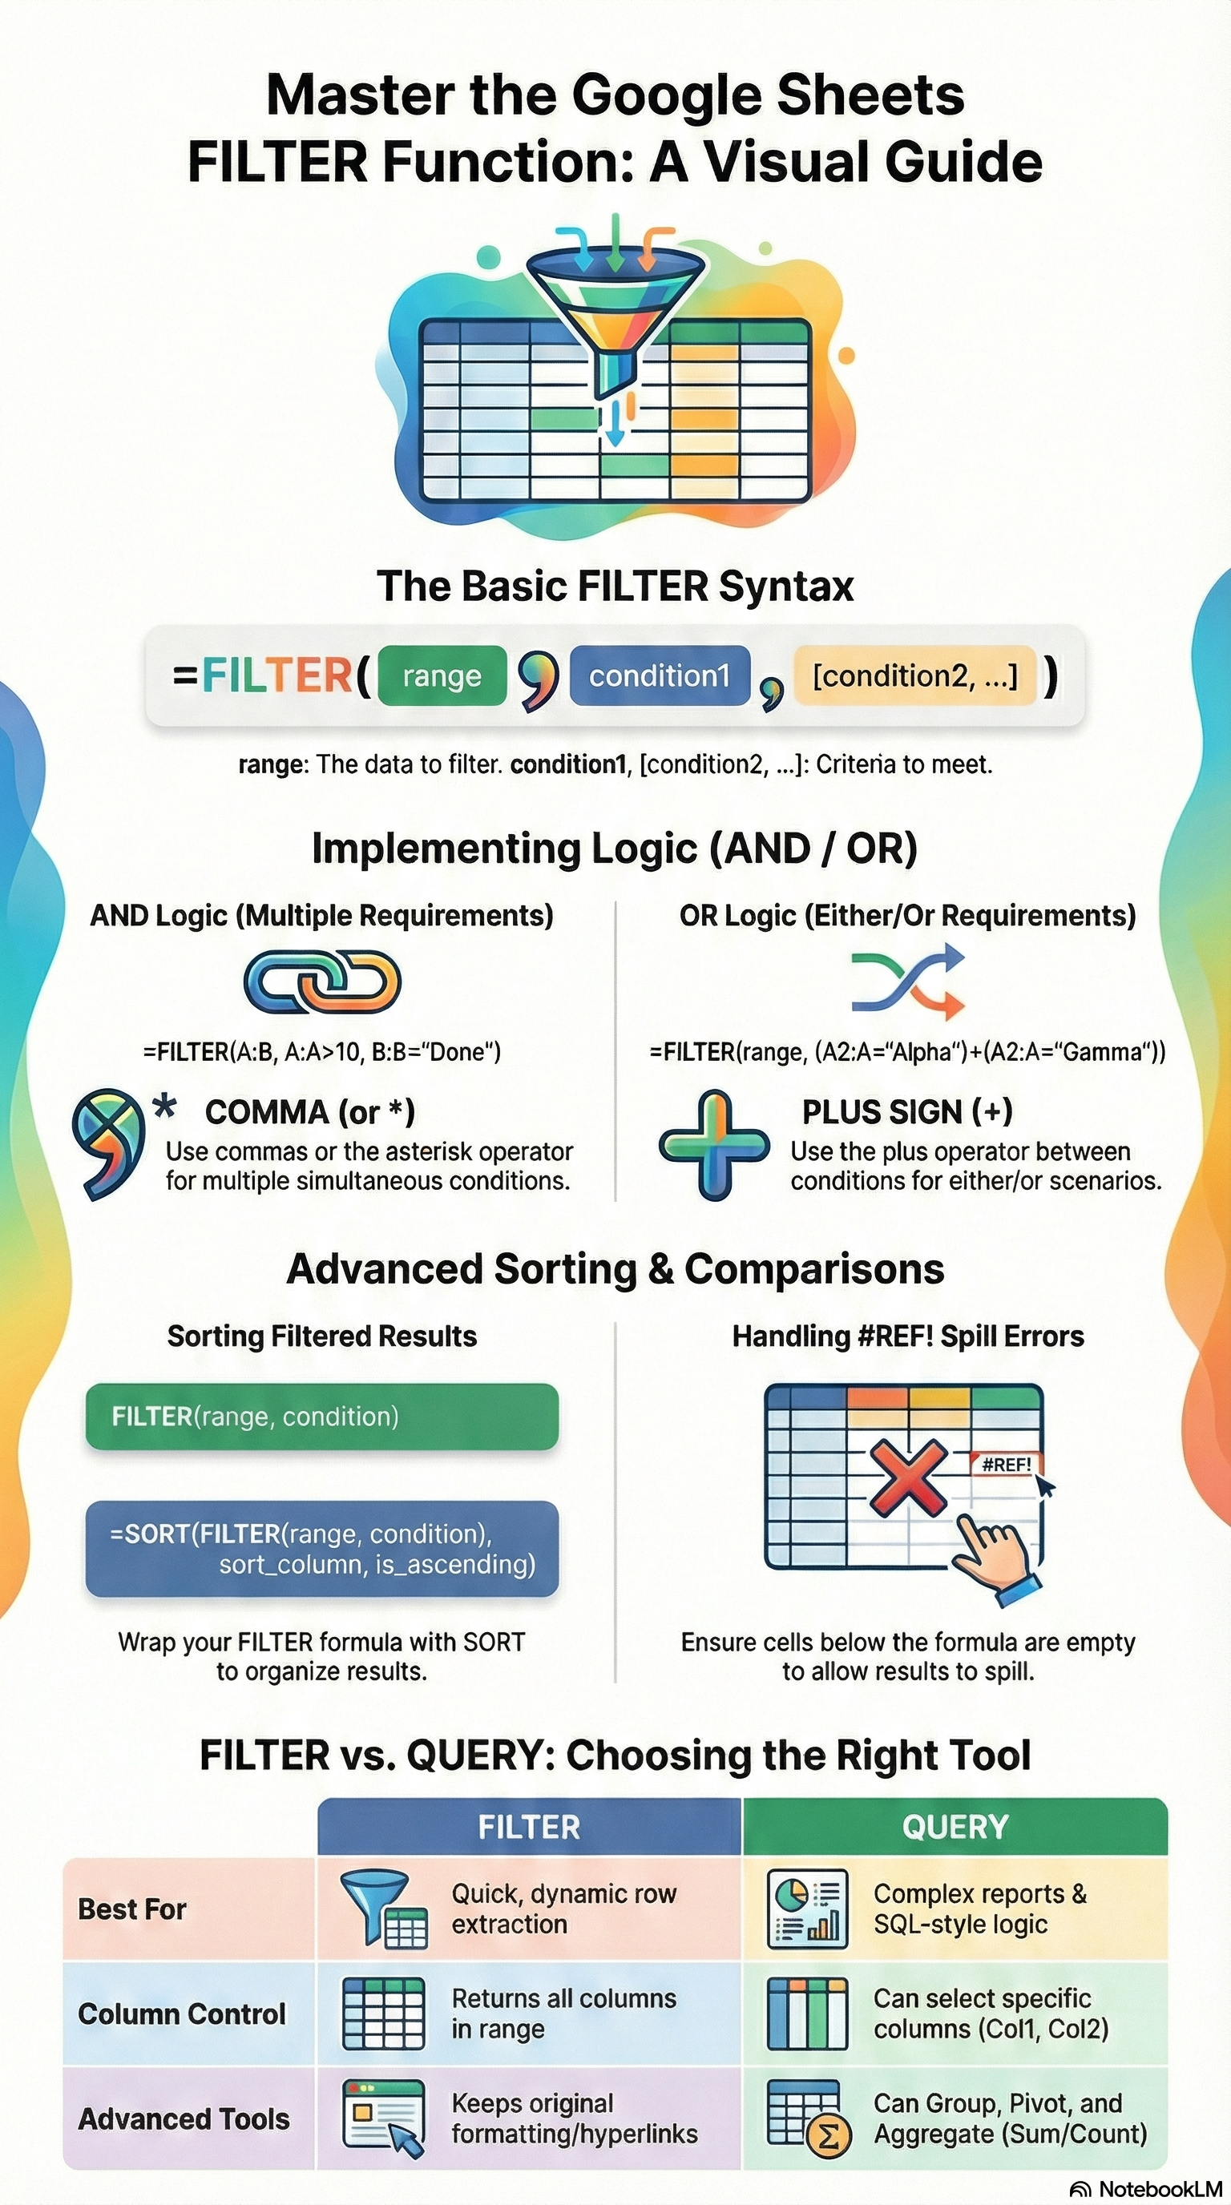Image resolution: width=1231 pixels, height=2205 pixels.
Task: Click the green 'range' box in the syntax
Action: click(x=442, y=675)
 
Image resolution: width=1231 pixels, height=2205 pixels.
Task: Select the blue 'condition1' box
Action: click(x=659, y=675)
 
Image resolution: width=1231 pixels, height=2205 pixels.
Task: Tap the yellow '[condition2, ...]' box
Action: click(x=915, y=675)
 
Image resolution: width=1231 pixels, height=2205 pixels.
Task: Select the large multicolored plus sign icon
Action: click(x=714, y=1144)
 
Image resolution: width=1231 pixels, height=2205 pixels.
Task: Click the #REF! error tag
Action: click(x=1006, y=1465)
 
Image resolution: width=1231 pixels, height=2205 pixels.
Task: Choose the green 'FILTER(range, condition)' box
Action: click(x=322, y=1417)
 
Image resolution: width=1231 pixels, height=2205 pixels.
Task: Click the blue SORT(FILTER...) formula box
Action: click(x=322, y=1549)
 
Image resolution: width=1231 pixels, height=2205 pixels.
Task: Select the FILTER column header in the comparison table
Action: click(x=529, y=1827)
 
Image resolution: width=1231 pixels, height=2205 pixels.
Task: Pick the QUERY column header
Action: click(x=955, y=1827)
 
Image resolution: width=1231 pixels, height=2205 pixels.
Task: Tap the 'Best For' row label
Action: click(x=133, y=1909)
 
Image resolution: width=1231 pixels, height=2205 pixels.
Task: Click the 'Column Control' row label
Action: click(x=181, y=2014)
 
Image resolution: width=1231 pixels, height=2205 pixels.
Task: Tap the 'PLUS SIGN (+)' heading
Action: click(x=907, y=1111)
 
